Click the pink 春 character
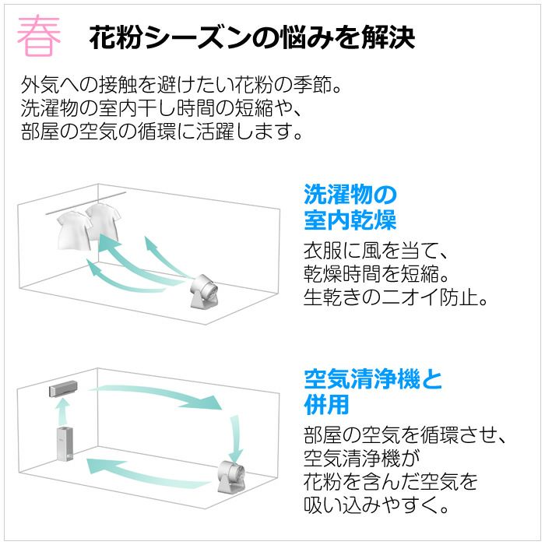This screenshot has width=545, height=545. (39, 36)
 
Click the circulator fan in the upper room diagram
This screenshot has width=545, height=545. (203, 291)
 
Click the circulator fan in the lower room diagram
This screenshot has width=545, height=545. (230, 476)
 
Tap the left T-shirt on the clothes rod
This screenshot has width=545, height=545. (74, 230)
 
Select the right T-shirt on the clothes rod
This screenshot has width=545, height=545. (103, 222)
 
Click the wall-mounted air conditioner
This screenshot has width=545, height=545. (63, 389)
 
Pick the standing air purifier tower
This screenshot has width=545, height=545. (65, 444)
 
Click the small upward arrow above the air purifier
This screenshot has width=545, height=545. (63, 412)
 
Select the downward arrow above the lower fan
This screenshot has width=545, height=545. (237, 438)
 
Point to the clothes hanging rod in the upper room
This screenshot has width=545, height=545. (86, 203)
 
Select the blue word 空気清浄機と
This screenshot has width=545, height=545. (373, 379)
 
